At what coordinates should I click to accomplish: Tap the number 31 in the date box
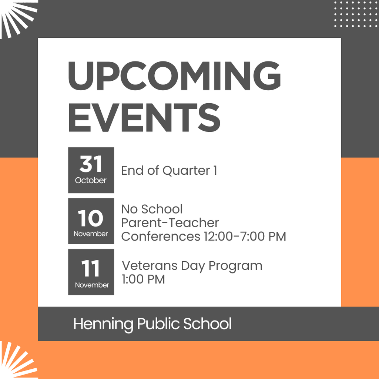pos(91,164)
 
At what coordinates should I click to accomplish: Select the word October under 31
pos(91,181)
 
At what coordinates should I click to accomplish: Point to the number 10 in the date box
pos(91,218)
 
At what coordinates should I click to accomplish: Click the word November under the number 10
pos(91,234)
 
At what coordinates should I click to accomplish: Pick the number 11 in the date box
pos(91,269)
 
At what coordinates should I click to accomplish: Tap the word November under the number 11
pos(92,285)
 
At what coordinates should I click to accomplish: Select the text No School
pos(152,209)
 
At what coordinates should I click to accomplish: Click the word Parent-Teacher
pos(170,223)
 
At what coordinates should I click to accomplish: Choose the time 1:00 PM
pos(143,279)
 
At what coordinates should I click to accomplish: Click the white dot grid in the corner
pos(355,14)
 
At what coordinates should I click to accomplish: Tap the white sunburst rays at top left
pos(17,17)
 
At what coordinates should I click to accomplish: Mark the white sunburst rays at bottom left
pos(17,361)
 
